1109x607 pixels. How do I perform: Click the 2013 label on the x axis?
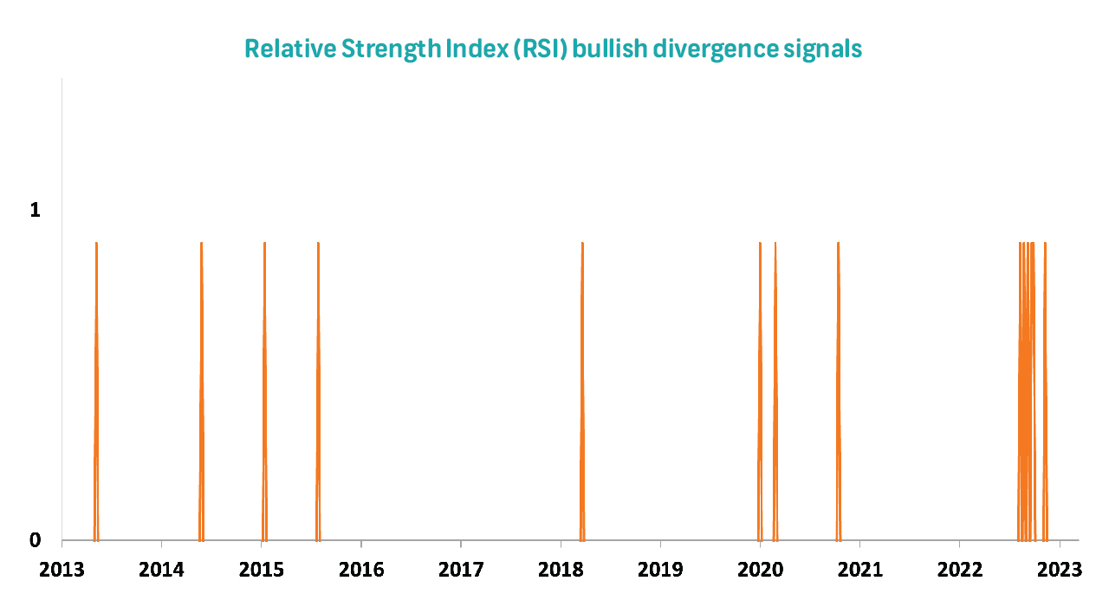(62, 570)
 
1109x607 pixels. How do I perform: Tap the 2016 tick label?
(361, 570)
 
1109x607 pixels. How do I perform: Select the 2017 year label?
(461, 570)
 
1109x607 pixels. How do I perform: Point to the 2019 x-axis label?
(660, 570)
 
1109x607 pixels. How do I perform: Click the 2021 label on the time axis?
(860, 570)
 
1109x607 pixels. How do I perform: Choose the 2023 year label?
(1060, 570)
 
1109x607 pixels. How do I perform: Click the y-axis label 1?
(35, 210)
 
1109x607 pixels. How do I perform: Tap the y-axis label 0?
(35, 540)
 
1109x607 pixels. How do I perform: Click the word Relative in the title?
(290, 49)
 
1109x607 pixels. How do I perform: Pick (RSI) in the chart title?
(540, 49)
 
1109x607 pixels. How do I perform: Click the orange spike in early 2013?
(96, 391)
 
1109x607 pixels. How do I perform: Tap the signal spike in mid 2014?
(201, 391)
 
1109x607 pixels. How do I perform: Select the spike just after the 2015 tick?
(264, 391)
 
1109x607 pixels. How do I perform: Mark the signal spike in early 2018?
(582, 391)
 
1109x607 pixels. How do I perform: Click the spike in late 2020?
(838, 391)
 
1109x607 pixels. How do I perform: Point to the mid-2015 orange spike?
(318, 391)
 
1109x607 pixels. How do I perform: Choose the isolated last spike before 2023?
(1045, 391)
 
